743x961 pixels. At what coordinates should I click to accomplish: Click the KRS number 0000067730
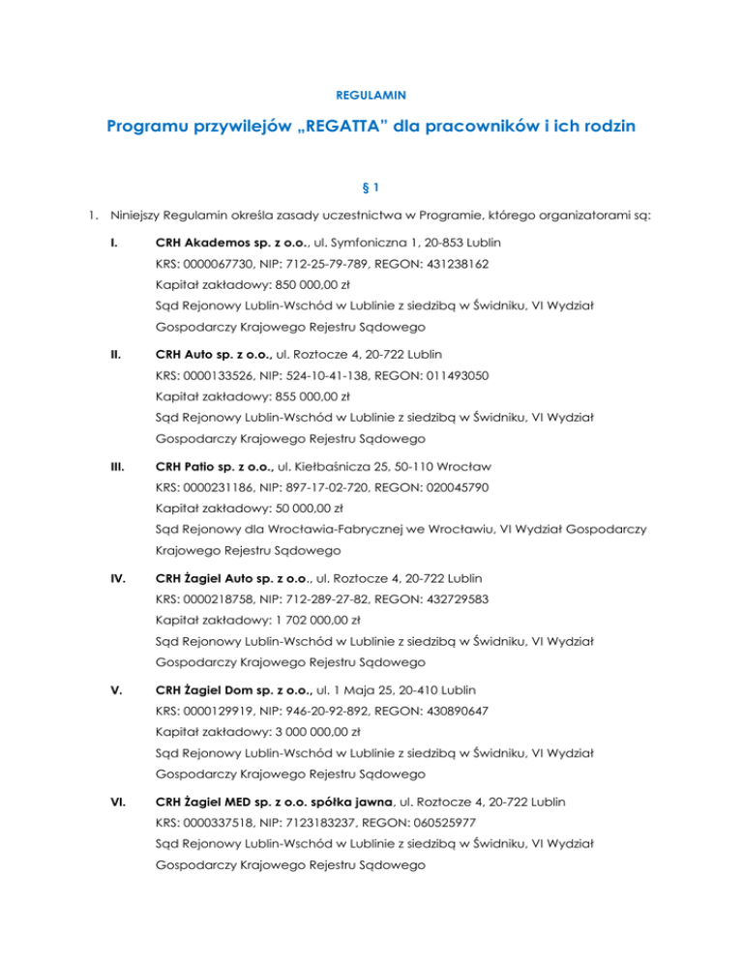coord(219,262)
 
